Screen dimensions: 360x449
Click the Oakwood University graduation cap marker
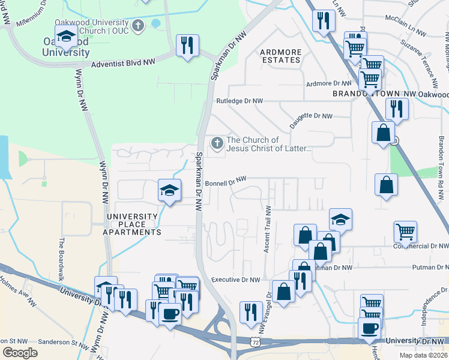(x=65, y=36)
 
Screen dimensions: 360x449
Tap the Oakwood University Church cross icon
(x=138, y=25)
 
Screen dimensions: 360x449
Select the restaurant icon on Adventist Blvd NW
(x=188, y=45)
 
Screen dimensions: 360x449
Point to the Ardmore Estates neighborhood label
(x=280, y=56)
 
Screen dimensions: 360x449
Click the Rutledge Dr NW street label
(x=240, y=101)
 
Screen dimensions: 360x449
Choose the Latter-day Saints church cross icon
(x=216, y=143)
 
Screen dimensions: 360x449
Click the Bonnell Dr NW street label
(x=226, y=180)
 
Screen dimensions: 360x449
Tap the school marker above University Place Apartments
(x=169, y=190)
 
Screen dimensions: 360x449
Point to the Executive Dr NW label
(x=235, y=280)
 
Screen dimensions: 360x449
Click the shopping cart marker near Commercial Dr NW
(x=406, y=232)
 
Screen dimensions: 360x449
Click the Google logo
(x=20, y=353)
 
